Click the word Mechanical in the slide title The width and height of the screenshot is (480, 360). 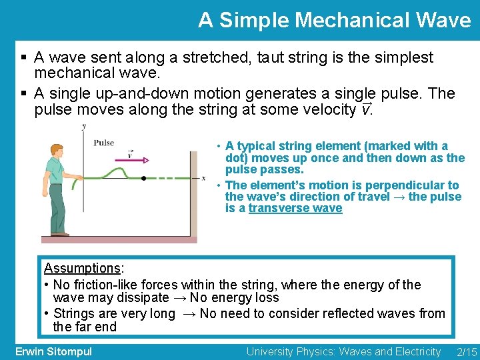[x=341, y=20]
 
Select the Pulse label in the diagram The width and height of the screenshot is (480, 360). [x=104, y=142]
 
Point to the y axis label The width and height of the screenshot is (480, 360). [x=83, y=126]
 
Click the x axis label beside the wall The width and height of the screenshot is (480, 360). [x=203, y=178]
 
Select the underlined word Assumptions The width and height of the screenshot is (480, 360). [x=82, y=269]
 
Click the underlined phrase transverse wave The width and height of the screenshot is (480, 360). [x=295, y=209]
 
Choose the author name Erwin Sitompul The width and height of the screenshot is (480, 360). [x=53, y=351]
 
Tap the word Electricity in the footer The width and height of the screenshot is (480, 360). [x=416, y=351]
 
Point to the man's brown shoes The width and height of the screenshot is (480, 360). [x=60, y=234]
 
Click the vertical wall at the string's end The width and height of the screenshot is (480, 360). [x=194, y=193]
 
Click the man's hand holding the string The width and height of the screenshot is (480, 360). [x=80, y=178]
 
